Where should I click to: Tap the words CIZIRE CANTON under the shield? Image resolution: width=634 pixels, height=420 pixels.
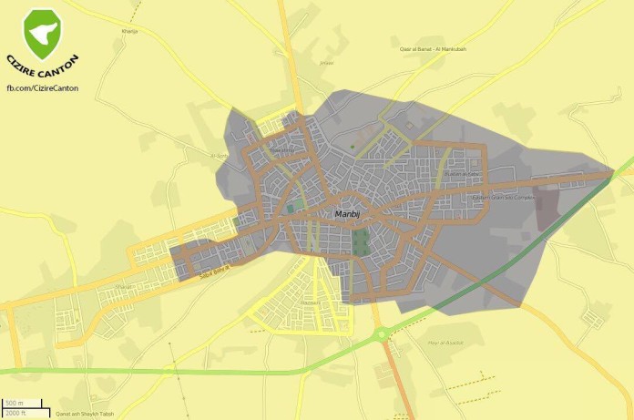42,70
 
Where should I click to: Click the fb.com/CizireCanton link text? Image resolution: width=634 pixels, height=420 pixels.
42,87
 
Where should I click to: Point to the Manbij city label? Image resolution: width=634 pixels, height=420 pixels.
349,213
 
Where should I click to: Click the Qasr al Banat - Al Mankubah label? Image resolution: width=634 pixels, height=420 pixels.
433,48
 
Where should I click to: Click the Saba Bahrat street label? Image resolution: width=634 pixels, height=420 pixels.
215,264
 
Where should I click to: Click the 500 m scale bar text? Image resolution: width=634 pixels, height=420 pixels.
14,404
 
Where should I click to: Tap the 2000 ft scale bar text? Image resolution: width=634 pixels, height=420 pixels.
15,412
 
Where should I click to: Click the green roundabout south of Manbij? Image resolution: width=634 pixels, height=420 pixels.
383,333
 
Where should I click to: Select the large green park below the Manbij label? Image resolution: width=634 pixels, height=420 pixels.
361,241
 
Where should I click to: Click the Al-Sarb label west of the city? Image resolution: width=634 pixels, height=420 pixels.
219,156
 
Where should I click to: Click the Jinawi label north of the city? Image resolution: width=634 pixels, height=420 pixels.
326,63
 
